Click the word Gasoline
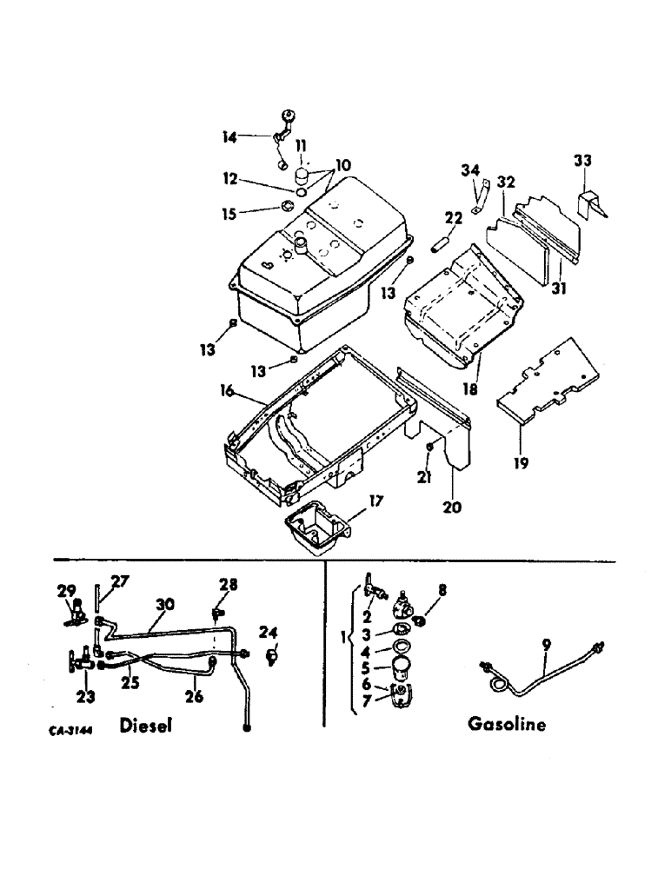pos(507,723)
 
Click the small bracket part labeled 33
pos(590,202)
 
